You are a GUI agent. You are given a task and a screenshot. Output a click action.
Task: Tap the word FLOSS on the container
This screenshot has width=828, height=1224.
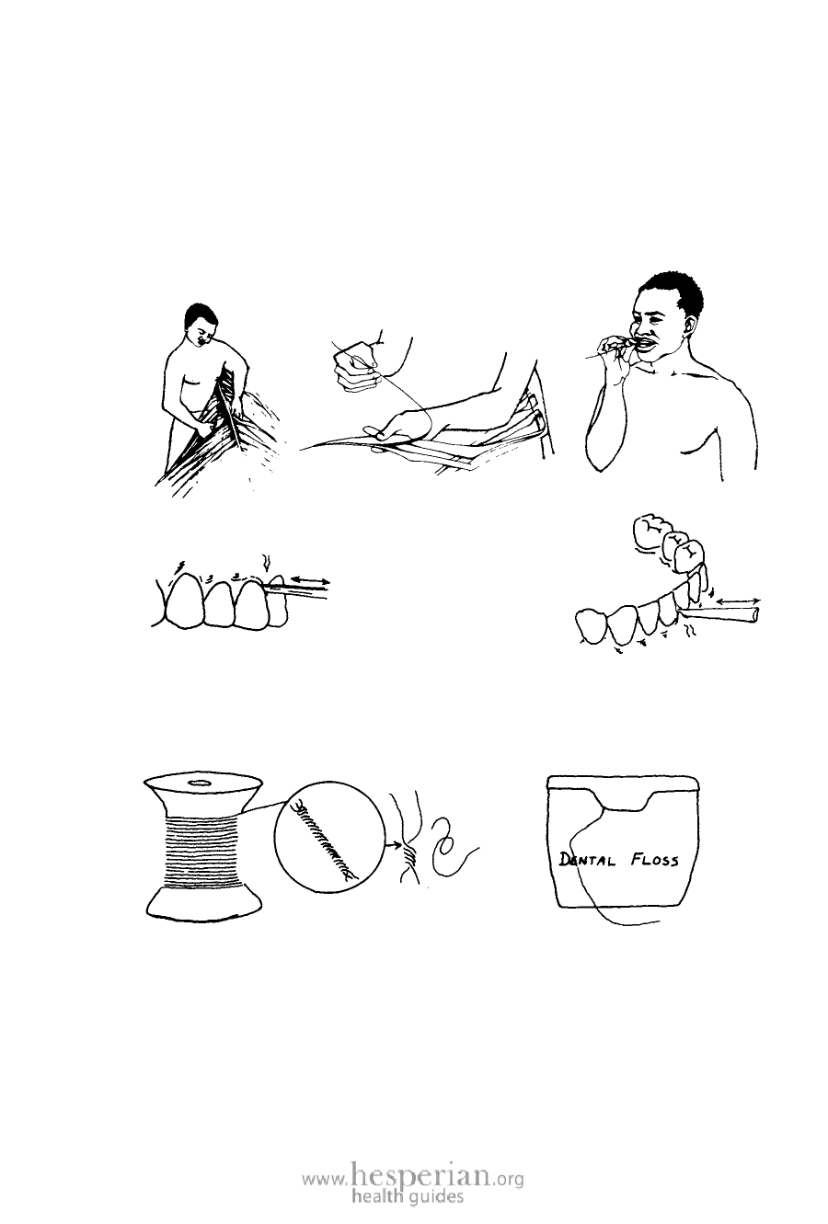tap(655, 861)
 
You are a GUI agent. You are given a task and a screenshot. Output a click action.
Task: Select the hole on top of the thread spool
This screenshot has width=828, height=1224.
tap(201, 783)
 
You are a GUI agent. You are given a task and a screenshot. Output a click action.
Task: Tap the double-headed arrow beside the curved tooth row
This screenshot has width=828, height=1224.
tap(737, 601)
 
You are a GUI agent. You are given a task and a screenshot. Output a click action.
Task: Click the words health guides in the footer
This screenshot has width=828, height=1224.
tap(408, 1195)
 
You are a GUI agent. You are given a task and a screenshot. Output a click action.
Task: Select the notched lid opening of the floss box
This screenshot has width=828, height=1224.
tap(623, 799)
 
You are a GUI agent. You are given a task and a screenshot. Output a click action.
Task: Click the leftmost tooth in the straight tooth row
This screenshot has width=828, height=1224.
tap(183, 600)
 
